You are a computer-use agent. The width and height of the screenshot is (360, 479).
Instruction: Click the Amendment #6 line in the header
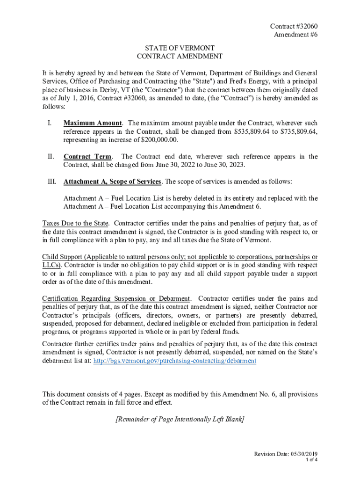tap(298, 35)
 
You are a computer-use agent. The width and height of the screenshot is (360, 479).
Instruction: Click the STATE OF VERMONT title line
tap(180, 48)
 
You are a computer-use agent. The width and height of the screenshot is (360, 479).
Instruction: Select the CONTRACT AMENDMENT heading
tap(180, 56)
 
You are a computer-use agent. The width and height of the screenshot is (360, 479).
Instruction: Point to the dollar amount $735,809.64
tap(298, 131)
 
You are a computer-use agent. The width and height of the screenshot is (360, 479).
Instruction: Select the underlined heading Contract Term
tap(87, 157)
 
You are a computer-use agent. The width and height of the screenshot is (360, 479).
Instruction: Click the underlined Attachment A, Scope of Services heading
tap(112, 181)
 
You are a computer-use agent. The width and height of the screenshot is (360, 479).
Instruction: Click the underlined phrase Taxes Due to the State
tap(75, 223)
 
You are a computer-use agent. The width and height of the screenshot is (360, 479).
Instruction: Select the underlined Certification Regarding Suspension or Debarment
tap(116, 298)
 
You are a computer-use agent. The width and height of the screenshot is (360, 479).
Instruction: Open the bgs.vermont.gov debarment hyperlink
tap(175, 361)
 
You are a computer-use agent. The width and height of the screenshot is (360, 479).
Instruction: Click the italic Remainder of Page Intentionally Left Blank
tap(180, 419)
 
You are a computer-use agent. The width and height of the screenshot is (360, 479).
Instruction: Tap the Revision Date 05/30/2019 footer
tap(286, 454)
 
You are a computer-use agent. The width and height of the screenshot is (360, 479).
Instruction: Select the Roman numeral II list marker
tap(50, 157)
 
